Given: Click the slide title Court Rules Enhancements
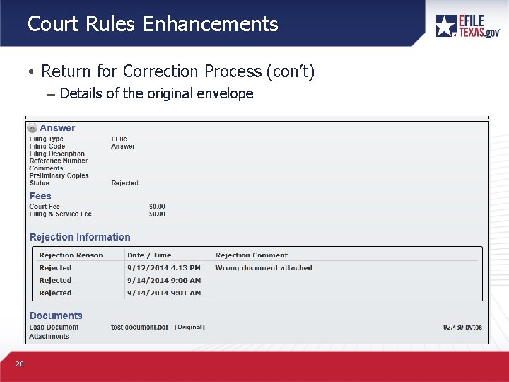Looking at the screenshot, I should pyautogui.click(x=153, y=24).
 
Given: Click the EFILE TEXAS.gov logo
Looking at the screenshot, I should pyautogui.click(x=468, y=25).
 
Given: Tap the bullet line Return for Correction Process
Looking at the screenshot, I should pyautogui.click(x=177, y=71).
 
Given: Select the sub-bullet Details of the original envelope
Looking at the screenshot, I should pyautogui.click(x=156, y=93).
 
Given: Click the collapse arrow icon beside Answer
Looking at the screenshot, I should pyautogui.click(x=33, y=128).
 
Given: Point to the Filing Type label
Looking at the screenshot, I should pyautogui.click(x=47, y=139).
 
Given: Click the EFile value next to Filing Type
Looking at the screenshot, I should pyautogui.click(x=119, y=139).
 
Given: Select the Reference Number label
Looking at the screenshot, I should pyautogui.click(x=59, y=161).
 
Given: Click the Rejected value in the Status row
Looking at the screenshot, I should pyautogui.click(x=124, y=183).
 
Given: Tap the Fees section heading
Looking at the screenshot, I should pyautogui.click(x=40, y=196).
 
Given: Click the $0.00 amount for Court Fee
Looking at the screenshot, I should pyautogui.click(x=157, y=207).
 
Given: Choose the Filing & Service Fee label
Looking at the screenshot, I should pyautogui.click(x=61, y=214).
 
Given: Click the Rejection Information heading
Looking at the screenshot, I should pyautogui.click(x=80, y=237).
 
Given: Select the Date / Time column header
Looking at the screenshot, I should pyautogui.click(x=149, y=255).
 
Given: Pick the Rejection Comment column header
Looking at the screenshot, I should pyautogui.click(x=252, y=255).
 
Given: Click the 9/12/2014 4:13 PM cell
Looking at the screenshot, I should pyautogui.click(x=163, y=268).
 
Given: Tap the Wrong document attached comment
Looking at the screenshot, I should pyautogui.click(x=264, y=268).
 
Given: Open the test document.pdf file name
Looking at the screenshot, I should pyautogui.click(x=140, y=328).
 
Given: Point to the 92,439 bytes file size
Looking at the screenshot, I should pyautogui.click(x=462, y=328).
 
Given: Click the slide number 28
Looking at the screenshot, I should pyautogui.click(x=20, y=364).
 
